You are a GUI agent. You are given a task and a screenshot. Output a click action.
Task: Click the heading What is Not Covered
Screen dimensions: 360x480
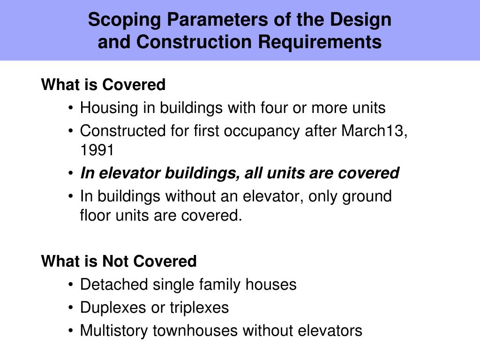pyautogui.click(x=119, y=261)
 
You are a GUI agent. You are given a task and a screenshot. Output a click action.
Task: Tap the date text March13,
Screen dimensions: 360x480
pyautogui.click(x=374, y=131)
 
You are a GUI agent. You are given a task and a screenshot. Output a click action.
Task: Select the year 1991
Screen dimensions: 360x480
pyautogui.click(x=97, y=150)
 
